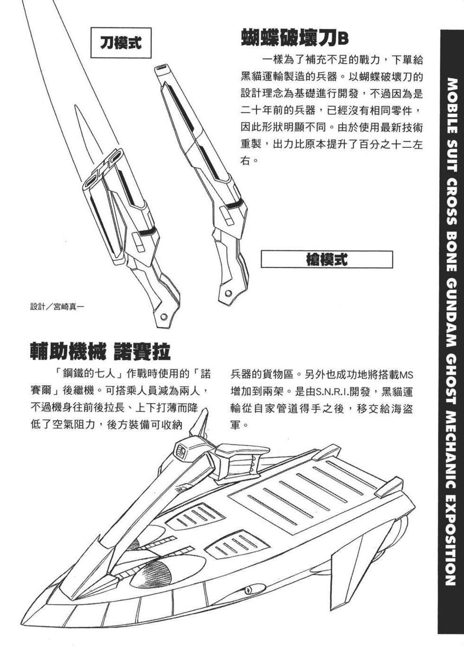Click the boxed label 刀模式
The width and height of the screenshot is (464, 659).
tap(121, 43)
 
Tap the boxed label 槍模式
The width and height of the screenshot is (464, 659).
tap(327, 260)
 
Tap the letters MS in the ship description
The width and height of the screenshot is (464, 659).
tap(407, 376)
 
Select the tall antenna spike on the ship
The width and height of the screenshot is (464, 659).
tap(203, 422)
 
